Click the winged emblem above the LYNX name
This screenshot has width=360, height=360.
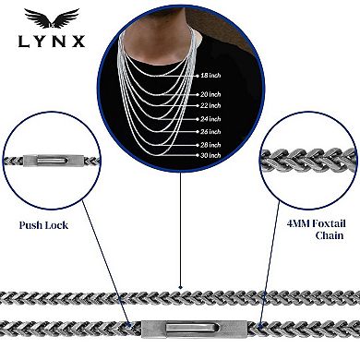click(x=52, y=18)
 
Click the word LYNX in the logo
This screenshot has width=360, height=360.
click(x=52, y=42)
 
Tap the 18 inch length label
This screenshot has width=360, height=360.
click(x=210, y=76)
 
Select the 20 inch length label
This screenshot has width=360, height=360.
click(x=210, y=94)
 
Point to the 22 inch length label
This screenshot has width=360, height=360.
click(x=210, y=105)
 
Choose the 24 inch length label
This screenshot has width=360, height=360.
click(x=210, y=119)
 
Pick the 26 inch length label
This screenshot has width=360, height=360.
click(x=210, y=132)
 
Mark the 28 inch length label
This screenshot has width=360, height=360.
click(x=210, y=145)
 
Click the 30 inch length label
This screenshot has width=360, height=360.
click(x=210, y=155)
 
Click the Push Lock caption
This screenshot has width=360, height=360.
click(x=43, y=225)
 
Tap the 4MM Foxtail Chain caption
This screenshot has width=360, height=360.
click(x=317, y=230)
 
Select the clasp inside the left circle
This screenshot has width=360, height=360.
click(x=54, y=161)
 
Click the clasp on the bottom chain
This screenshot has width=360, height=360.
click(x=195, y=329)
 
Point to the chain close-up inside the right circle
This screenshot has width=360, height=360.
click(x=308, y=160)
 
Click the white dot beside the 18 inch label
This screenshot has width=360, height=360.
click(x=198, y=76)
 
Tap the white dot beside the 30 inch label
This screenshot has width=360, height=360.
click(x=198, y=155)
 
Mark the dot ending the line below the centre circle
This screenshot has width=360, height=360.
click(x=181, y=287)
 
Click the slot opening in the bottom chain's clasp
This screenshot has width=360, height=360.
click(x=192, y=328)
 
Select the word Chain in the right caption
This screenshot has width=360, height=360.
click(x=330, y=235)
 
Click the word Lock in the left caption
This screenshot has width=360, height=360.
click(x=56, y=225)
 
